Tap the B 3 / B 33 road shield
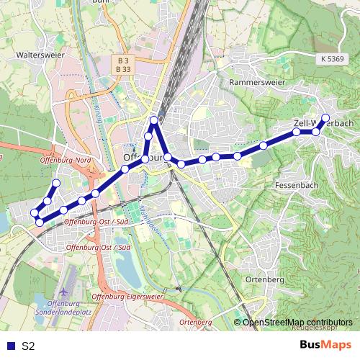(123, 65)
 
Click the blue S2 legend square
(9, 346)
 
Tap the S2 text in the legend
(29, 346)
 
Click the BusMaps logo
(325, 345)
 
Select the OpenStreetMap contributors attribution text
(297, 322)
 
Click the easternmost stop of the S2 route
(325, 117)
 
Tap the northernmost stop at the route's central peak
(153, 120)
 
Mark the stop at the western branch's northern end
(55, 182)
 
